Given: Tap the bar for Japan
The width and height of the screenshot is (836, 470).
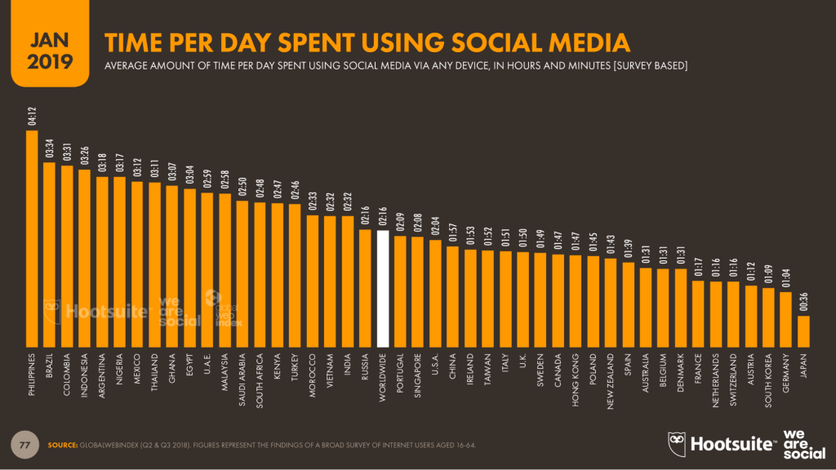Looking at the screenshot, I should pyautogui.click(x=803, y=330).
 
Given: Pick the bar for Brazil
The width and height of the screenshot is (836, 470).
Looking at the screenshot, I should pyautogui.click(x=49, y=254).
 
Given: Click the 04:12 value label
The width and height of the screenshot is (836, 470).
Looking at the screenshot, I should pyautogui.click(x=32, y=117).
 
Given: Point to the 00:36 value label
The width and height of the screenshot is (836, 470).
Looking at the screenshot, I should pyautogui.click(x=803, y=303).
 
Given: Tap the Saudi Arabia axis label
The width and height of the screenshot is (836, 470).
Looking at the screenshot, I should pyautogui.click(x=242, y=379).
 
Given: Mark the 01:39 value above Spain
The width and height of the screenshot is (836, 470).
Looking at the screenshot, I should pyautogui.click(x=629, y=249).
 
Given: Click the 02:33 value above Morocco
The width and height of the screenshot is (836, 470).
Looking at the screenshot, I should pyautogui.click(x=313, y=202).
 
